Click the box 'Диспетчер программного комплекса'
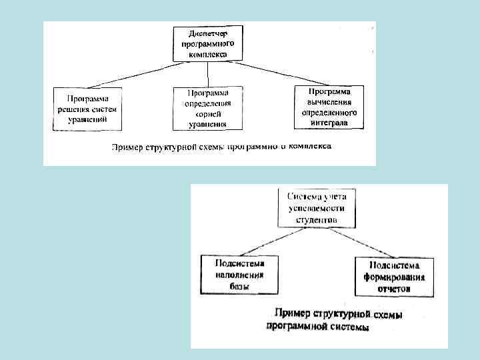(x=207, y=44)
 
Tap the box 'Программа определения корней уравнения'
(x=207, y=107)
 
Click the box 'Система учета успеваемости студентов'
(x=317, y=207)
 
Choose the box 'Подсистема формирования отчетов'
(x=394, y=276)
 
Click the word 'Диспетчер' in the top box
(x=207, y=33)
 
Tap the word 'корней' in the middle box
(x=207, y=113)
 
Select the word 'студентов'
(x=317, y=219)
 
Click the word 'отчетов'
(x=394, y=290)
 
